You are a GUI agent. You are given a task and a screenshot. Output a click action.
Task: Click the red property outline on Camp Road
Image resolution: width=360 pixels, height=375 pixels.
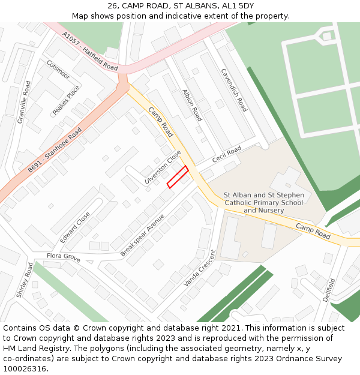click(x=178, y=176)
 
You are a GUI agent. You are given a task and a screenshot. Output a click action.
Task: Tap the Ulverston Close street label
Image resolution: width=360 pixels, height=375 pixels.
click(x=163, y=167)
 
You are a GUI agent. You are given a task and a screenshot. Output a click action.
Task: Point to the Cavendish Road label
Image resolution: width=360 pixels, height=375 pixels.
click(x=233, y=89)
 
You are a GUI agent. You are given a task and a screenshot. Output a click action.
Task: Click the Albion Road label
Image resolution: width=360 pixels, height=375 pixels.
click(x=192, y=105)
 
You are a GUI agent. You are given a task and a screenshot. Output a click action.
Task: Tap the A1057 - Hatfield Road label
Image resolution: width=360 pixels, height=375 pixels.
click(x=90, y=50)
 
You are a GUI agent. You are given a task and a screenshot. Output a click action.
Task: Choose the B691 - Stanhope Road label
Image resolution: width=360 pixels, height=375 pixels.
click(x=55, y=151)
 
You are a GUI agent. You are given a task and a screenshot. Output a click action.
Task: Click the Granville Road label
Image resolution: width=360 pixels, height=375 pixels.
click(x=24, y=102)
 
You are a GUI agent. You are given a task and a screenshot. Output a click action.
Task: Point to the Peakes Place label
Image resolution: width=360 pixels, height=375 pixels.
click(x=66, y=100)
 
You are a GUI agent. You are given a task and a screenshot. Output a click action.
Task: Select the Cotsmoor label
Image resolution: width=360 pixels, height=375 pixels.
click(x=58, y=70)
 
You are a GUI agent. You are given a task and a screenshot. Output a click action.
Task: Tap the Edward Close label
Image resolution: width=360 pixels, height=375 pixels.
click(x=75, y=227)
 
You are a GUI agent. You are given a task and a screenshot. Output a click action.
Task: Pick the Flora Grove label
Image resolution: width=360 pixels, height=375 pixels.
click(x=64, y=257)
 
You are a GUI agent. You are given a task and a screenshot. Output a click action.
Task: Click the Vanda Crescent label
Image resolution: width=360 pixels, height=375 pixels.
click(x=200, y=268)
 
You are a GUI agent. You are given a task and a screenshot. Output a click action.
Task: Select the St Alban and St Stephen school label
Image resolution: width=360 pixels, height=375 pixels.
click(x=263, y=203)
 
